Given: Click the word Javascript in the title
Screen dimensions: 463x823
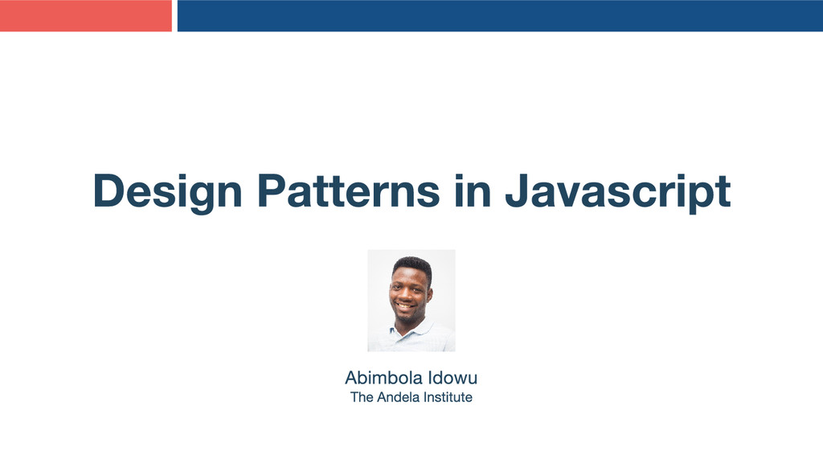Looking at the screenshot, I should [617, 191].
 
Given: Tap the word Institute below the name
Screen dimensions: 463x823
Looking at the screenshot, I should [446, 397].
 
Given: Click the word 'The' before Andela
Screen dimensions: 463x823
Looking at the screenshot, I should [362, 397].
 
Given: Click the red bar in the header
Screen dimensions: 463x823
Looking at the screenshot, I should [85, 15].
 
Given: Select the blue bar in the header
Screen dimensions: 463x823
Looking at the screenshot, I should [499, 15].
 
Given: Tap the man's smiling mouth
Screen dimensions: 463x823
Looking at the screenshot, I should [407, 306].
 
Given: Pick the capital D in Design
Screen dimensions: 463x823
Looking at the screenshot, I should [109, 191].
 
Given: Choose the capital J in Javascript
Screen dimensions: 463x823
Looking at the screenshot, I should [518, 191].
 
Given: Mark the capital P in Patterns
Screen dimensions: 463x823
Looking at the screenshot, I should [271, 191].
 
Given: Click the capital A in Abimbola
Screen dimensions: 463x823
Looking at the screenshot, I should [351, 377].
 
